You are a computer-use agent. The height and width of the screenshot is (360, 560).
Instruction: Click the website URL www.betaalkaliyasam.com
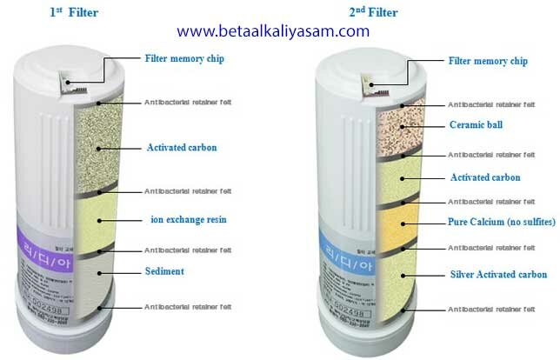274,31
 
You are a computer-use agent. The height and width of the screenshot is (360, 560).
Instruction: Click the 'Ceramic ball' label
475,124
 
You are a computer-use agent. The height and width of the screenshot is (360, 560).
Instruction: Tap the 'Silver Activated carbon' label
498,275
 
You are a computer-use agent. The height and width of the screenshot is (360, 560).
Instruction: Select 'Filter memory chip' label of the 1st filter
183,59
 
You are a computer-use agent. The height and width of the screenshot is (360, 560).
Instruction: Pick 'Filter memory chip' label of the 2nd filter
488,61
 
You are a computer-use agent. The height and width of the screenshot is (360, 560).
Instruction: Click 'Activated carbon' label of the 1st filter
182,148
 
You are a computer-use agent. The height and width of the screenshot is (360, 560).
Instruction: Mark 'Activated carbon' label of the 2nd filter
484,177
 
